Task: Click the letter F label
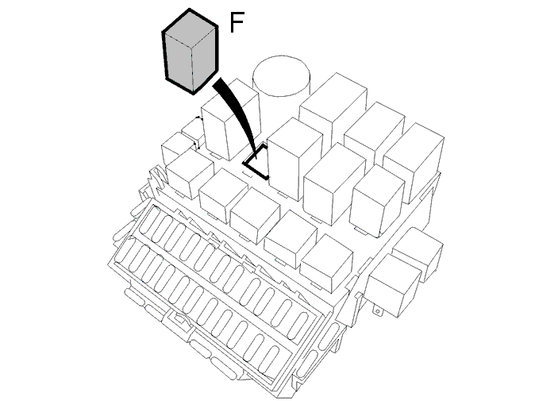point(237,22)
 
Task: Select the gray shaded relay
point(190,51)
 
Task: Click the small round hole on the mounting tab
point(378,311)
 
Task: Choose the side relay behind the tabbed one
point(419,252)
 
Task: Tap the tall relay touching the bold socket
point(295,159)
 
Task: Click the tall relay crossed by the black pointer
point(230,119)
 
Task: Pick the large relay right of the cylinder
point(333,110)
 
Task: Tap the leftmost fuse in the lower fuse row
point(127,251)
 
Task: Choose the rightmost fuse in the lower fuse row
point(271,360)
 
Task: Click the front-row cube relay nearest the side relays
point(326,264)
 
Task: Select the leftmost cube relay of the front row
point(190,175)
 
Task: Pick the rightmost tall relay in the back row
point(414,163)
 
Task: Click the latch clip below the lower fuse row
point(179,319)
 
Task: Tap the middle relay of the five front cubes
point(256,216)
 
